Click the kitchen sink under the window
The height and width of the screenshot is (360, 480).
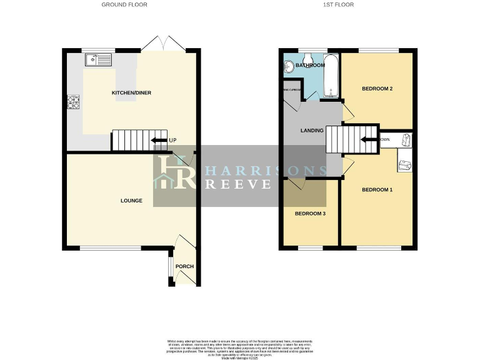click(x=99, y=60)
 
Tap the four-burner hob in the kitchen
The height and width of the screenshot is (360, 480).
click(x=73, y=102)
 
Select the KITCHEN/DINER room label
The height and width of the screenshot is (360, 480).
click(x=131, y=93)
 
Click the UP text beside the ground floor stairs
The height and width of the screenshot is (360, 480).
click(x=172, y=140)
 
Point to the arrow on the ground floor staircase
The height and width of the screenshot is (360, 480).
click(x=159, y=140)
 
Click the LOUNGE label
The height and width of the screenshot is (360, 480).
click(x=131, y=201)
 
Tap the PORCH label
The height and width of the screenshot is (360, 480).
click(x=184, y=267)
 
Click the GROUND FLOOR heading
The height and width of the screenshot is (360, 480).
click(x=125, y=4)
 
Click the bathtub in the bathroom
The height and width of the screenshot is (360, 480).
click(x=331, y=76)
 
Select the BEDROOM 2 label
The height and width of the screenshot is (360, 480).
click(x=377, y=89)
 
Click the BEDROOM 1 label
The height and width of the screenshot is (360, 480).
click(x=377, y=189)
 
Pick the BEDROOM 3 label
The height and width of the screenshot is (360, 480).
click(x=310, y=214)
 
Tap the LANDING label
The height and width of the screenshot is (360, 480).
click(x=311, y=131)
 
